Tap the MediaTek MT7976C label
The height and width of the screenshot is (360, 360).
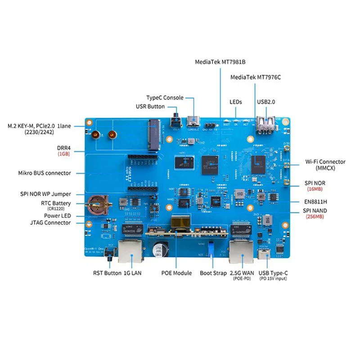point(255,77)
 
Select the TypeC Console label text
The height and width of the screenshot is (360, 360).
point(165,98)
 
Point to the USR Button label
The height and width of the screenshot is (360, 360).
point(150,107)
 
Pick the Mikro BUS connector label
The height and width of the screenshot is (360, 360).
point(45,173)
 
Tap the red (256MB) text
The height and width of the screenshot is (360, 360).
point(315,217)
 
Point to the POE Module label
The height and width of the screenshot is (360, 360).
point(176,273)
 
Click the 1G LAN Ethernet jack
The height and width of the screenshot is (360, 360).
point(131,252)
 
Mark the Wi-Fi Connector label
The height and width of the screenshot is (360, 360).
point(325,165)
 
